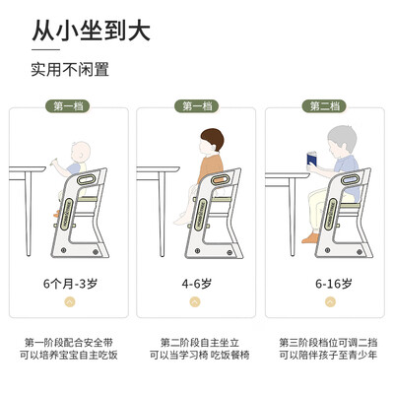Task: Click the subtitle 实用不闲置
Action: pyautogui.click(x=69, y=70)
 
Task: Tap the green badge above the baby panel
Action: pyautogui.click(x=69, y=106)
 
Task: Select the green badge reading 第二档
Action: pyautogui.click(x=324, y=106)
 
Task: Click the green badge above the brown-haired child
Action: pyautogui.click(x=196, y=106)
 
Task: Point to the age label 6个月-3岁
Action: pyautogui.click(x=69, y=284)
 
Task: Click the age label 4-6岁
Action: pyautogui.click(x=196, y=284)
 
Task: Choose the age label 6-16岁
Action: pyautogui.click(x=324, y=284)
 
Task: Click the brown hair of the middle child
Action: pyautogui.click(x=210, y=138)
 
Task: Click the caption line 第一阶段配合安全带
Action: pyautogui.click(x=69, y=343)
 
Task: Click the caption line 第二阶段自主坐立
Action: pyautogui.click(x=196, y=343)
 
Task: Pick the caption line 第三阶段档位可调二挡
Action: pyautogui.click(x=324, y=343)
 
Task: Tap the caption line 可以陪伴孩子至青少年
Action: pyautogui.click(x=324, y=356)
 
